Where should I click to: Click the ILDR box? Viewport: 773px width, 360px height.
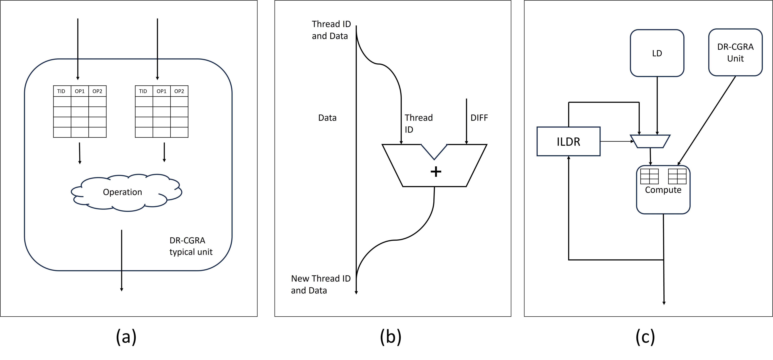point(568,141)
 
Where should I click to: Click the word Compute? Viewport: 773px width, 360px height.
point(663,190)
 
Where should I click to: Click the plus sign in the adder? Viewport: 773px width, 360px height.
point(436,172)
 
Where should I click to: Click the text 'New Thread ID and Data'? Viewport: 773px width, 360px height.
point(321,284)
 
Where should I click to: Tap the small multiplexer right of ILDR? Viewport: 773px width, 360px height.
point(650,141)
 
